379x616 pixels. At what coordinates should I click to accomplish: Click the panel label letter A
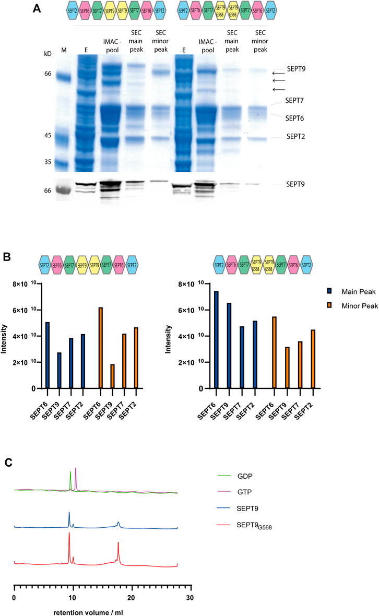[37, 8]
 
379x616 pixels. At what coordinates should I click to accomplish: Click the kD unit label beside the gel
[48, 54]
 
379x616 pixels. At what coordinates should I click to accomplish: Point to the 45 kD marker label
[48, 136]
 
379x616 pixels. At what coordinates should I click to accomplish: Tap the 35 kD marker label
[48, 162]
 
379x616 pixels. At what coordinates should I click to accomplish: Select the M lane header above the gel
[64, 51]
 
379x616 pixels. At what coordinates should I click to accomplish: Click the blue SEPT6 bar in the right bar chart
[216, 339]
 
